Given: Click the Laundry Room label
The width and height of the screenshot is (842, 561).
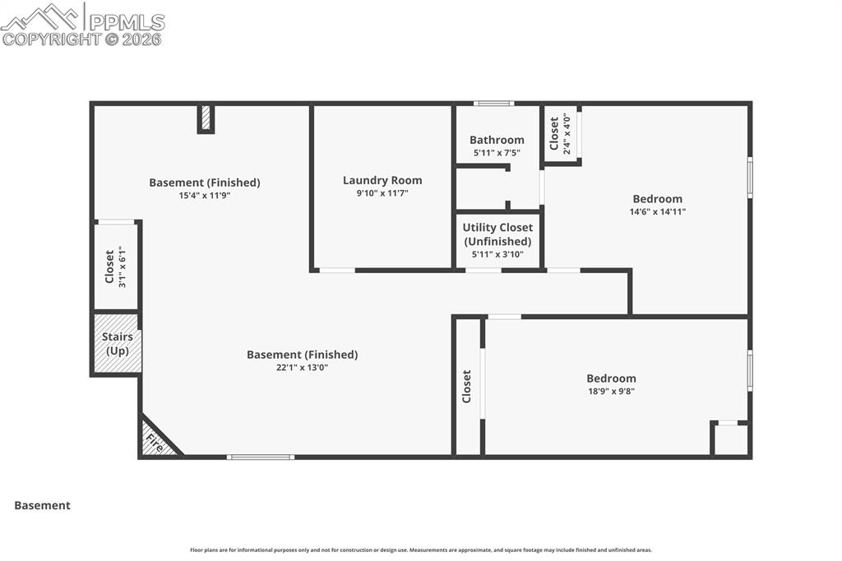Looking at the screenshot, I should click(x=382, y=180).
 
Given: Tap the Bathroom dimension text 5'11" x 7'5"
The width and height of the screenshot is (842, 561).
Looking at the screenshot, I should click(x=497, y=153).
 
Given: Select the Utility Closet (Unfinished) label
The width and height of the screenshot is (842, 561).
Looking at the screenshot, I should click(x=497, y=234).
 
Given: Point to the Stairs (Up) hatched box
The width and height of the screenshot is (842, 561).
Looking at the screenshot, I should click(x=117, y=344).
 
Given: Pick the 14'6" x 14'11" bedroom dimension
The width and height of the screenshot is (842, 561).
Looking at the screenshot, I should click(x=657, y=211).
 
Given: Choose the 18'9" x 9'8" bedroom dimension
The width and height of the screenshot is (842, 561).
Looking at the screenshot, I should click(x=611, y=392).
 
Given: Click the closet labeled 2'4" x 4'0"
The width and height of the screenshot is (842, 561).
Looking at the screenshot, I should click(x=561, y=135).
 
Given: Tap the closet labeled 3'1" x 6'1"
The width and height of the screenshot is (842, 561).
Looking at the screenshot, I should click(x=115, y=266).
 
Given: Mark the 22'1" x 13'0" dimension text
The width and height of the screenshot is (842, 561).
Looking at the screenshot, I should click(x=303, y=368).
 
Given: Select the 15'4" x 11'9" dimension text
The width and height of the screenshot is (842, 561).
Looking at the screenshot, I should click(x=205, y=196).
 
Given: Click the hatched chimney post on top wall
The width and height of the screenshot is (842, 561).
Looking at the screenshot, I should click(x=206, y=118).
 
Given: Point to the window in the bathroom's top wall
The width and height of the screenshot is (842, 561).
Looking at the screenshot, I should click(x=494, y=104).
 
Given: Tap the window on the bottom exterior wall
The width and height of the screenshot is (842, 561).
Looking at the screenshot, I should click(x=261, y=457).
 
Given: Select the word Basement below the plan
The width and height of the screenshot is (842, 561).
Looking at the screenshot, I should click(x=43, y=506).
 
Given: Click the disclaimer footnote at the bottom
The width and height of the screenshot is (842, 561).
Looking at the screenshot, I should click(x=421, y=550).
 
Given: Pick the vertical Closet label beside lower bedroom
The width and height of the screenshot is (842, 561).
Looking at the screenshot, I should click(x=467, y=386).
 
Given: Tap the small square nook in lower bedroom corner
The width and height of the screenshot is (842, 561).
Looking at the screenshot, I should click(x=730, y=439).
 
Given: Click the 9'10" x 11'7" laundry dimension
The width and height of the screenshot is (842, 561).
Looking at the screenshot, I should click(x=382, y=193).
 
